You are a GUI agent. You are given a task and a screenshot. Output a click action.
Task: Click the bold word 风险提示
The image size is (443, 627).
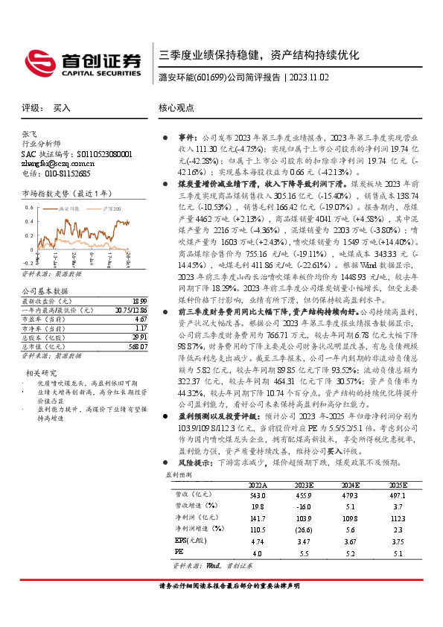pos(193,462)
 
